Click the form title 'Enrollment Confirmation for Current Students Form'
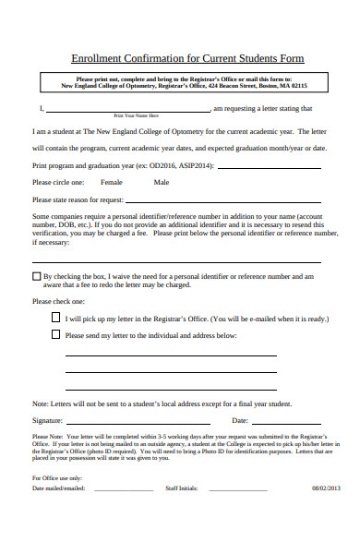[187, 58]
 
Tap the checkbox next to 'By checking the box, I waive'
[37, 275]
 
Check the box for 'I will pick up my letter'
[55, 318]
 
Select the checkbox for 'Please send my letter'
[55, 335]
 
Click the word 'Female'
[111, 182]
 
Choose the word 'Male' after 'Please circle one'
[162, 182]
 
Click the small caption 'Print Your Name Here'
[136, 115]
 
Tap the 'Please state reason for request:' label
[78, 199]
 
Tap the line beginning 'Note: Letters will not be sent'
[162, 403]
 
